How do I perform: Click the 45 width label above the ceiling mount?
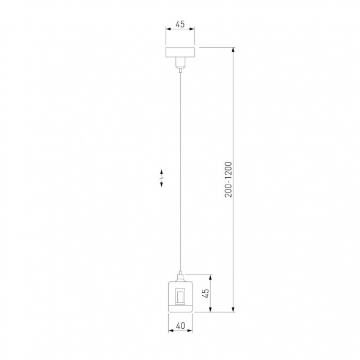pyautogui.click(x=180, y=25)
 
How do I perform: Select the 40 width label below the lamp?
pyautogui.click(x=180, y=326)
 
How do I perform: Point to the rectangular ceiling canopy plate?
pyautogui.click(x=180, y=51)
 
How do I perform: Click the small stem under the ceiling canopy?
pyautogui.click(x=180, y=63)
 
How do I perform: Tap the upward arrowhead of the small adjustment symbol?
pyautogui.click(x=163, y=171)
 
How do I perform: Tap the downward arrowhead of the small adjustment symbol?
pyautogui.click(x=163, y=187)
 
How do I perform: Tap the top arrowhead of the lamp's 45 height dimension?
pyautogui.click(x=211, y=276)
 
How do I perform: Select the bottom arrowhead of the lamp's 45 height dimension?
pyautogui.click(x=211, y=310)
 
